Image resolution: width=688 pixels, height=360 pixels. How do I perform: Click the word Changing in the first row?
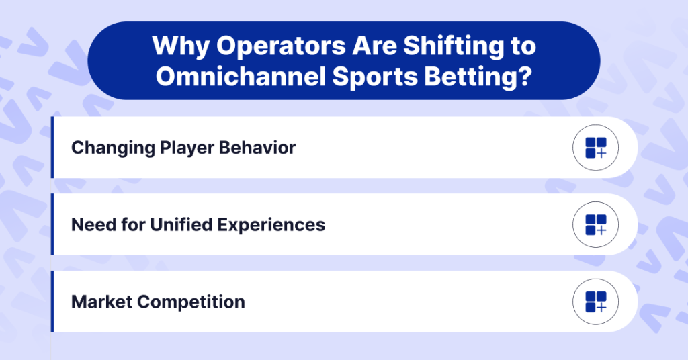[x=110, y=148]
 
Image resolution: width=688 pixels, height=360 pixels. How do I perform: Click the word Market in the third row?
[x=101, y=302]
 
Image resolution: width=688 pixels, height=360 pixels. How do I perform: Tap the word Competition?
[x=191, y=302]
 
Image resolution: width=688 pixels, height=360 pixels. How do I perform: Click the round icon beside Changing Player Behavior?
[x=595, y=148]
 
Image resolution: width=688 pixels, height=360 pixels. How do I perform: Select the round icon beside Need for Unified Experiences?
[x=595, y=224]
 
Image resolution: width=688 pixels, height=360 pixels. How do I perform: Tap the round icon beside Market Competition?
[x=595, y=302]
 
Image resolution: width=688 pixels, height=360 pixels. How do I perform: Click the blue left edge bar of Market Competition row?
[x=52, y=302]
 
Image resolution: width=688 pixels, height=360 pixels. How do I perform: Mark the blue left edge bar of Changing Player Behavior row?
[x=52, y=148]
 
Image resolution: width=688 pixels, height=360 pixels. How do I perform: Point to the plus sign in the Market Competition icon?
[x=601, y=308]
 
